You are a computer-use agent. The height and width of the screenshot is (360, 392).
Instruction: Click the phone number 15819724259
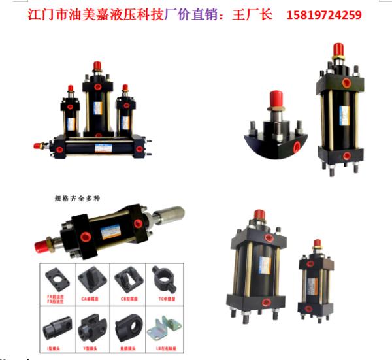pos(324,14)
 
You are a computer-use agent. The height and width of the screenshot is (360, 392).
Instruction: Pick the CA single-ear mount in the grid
pos(92,280)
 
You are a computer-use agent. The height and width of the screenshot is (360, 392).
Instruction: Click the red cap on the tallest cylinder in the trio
pos(97,65)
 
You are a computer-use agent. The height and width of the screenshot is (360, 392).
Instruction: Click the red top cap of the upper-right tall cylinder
pos(338,50)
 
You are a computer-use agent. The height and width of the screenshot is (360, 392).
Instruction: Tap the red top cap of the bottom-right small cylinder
pos(318,243)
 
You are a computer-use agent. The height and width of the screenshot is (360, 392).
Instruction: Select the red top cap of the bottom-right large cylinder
pos(259,214)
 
